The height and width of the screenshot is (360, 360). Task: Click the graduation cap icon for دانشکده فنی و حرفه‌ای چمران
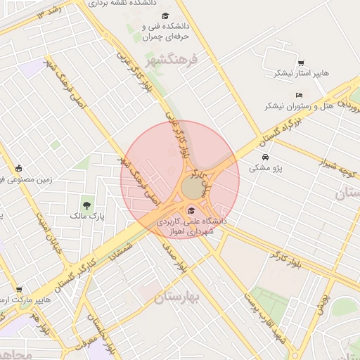[165, 15]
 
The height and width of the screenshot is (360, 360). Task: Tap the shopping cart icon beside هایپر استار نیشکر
[301, 63]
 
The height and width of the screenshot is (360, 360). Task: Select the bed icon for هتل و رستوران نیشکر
[299, 95]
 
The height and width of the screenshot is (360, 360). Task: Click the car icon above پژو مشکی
[265, 157]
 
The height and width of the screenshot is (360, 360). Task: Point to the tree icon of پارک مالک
[86, 205]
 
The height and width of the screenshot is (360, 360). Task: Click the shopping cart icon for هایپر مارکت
[19, 290]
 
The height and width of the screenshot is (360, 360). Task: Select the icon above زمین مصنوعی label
[19, 168]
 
